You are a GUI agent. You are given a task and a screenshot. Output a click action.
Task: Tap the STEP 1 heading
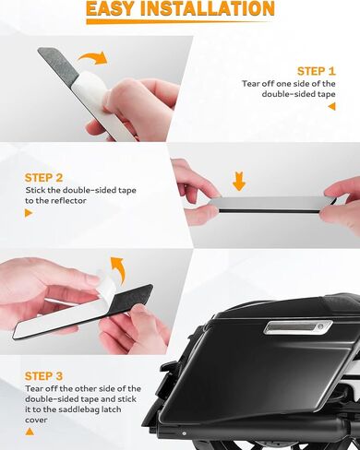coord(316,71)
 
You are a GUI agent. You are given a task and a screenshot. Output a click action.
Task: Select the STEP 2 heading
coord(43,178)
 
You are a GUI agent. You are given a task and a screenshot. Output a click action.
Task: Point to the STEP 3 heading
coord(43,376)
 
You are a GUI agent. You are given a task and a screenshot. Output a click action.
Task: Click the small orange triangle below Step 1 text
coord(331,107)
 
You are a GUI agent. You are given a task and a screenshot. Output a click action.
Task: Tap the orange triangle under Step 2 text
coord(29,213)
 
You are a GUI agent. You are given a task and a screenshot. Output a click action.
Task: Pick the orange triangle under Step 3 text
coord(30,432)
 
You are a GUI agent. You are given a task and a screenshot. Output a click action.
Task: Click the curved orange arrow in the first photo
coord(93,58)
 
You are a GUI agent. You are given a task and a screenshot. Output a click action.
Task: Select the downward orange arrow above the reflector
coord(239,182)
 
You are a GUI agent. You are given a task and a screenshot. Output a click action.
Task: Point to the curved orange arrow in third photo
coord(118,269)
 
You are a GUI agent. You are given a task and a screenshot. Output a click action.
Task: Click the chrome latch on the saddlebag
coord(298,327)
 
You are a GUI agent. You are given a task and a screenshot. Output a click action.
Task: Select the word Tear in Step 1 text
coord(251,84)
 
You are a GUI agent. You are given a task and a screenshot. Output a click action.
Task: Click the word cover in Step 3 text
coord(36,420)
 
